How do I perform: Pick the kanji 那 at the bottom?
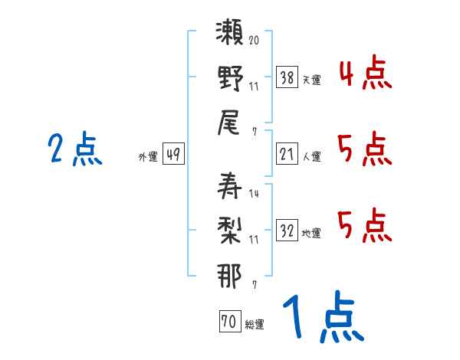230,275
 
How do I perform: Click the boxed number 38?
287,77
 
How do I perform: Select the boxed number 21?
287,154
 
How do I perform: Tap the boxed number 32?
287,231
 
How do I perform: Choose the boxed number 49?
173,155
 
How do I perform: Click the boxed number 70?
229,322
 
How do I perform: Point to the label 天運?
311,80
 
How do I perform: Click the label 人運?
311,156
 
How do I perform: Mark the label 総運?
255,324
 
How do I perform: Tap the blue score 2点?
75,149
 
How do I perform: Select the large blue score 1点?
322,318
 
